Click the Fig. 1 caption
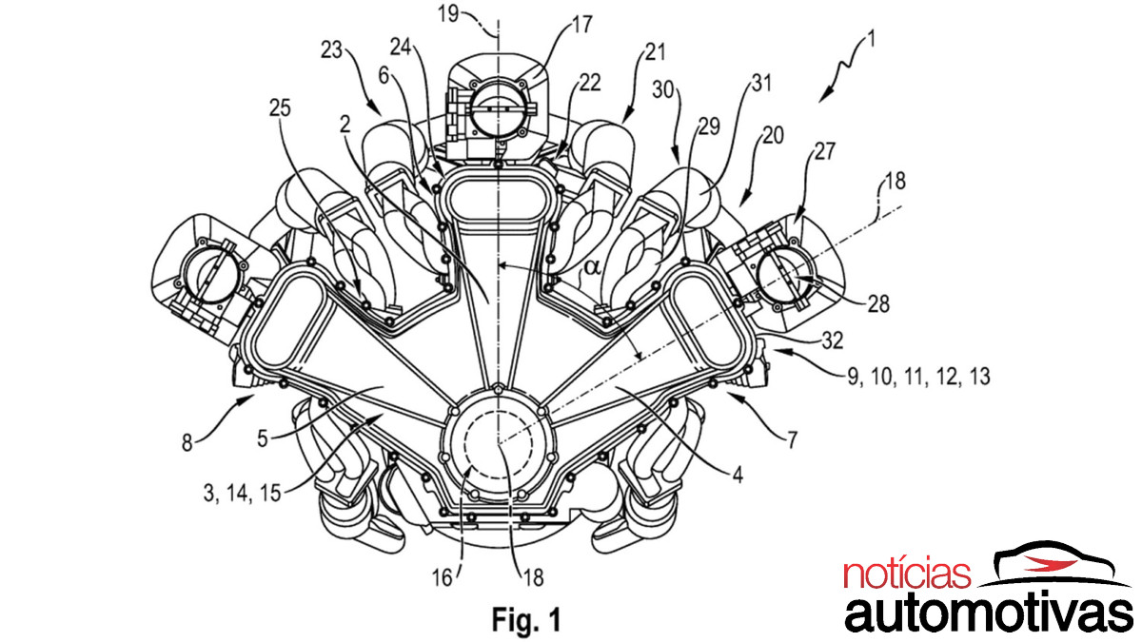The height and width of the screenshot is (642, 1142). tap(526, 620)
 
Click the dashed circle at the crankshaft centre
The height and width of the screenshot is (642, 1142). tap(498, 446)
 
